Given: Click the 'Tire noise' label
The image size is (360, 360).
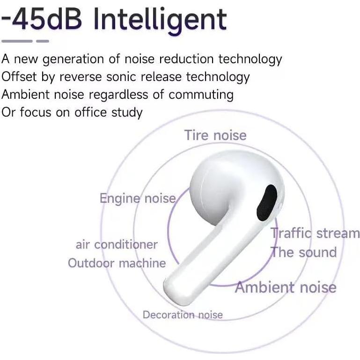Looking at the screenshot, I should coord(215,135).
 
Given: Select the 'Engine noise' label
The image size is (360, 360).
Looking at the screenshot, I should coord(137,198).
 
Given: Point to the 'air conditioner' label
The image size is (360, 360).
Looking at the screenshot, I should coord(117,244).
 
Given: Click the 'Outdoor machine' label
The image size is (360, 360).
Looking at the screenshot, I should coord(117,263).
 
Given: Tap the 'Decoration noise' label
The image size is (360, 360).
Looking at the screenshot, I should coord(183,315).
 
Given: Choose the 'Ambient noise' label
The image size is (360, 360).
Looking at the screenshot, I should coord(286,287).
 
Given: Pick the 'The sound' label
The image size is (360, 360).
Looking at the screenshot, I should coord(304,252).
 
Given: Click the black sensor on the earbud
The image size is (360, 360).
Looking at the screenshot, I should coord(269,202).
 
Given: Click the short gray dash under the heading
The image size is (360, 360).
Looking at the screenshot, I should coord(43,41).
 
